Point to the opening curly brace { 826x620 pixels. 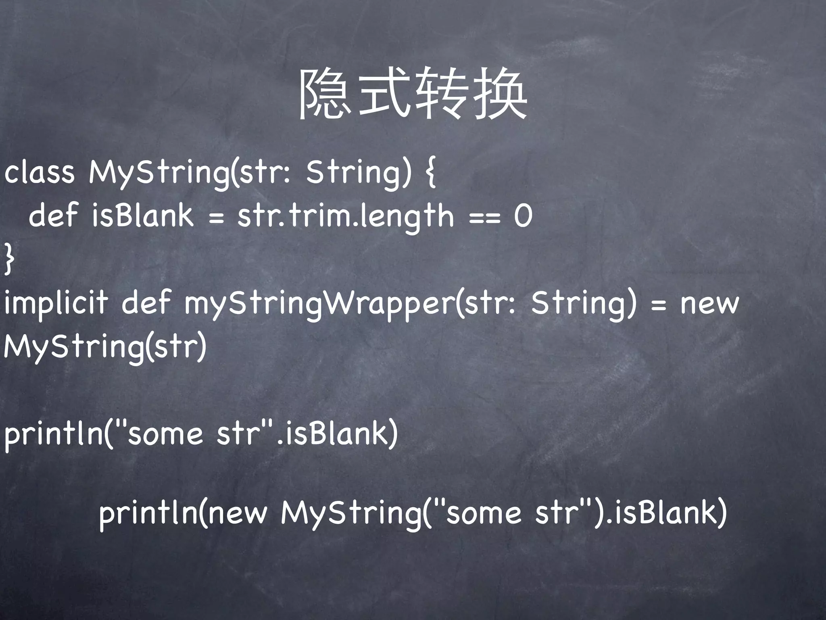(x=431, y=172)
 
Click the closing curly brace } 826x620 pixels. (x=9, y=260)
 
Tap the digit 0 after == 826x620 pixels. (x=523, y=216)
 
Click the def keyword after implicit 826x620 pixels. (x=146, y=303)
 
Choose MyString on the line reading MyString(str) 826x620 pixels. (x=73, y=347)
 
